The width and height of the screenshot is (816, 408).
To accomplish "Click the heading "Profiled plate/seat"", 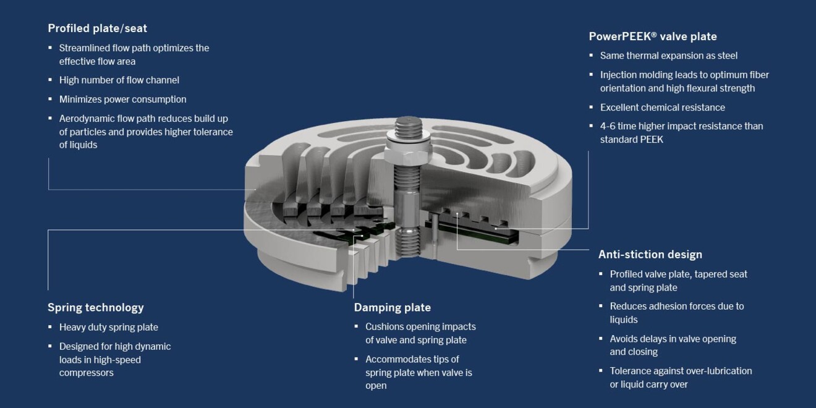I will coord(97,28).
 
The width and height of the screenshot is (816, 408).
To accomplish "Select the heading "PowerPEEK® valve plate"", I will coord(653,36).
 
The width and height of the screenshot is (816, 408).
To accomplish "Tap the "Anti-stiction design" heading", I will coord(650,255).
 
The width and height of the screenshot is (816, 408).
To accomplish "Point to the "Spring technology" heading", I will coord(95,308).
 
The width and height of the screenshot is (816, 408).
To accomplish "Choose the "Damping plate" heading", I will coord(392,308).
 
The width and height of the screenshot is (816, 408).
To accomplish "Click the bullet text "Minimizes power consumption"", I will coord(122,100).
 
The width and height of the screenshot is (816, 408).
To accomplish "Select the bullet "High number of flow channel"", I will coord(119,80).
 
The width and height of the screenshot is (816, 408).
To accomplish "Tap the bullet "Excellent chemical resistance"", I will coord(663,108).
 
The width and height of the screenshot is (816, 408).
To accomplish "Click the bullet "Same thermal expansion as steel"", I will coord(669,56).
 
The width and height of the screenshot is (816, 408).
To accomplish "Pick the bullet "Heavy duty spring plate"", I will coord(108,328).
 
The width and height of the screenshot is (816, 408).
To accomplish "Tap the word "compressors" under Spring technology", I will coord(86,373).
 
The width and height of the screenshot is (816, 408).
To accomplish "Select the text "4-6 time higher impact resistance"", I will coord(681,126).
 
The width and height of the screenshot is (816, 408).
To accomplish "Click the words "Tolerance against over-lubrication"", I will coord(681,371).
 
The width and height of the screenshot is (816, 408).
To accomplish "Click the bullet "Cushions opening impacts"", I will coord(420,326).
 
